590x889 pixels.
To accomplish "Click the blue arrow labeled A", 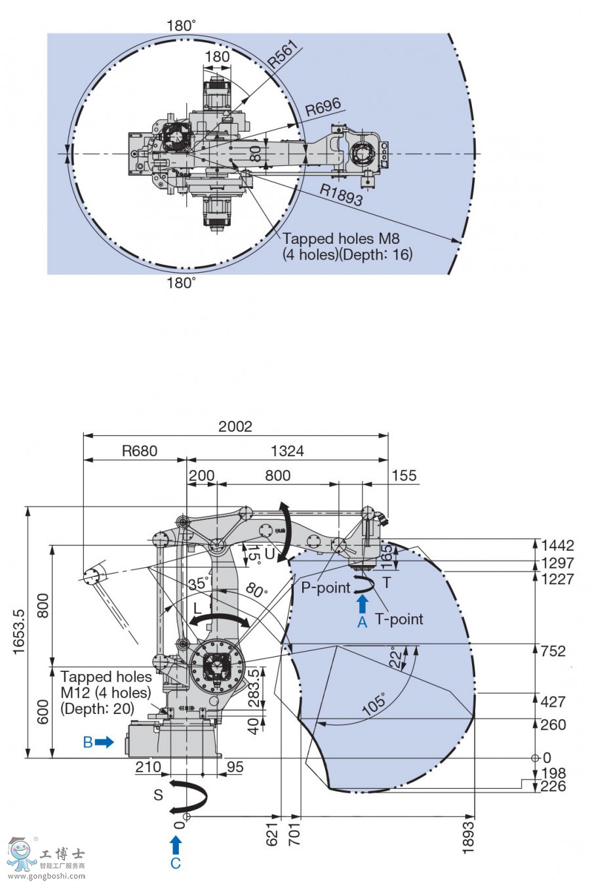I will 363,603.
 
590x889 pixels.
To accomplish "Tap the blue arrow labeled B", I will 104,741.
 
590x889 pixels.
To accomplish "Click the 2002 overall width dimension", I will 235,427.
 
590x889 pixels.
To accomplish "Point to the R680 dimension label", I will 140,451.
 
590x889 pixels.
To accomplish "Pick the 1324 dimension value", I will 287,451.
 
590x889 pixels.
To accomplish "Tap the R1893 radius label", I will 341,195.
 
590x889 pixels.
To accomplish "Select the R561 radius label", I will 283,54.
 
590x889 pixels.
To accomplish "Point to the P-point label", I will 326,587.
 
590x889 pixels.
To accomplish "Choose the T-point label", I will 399,619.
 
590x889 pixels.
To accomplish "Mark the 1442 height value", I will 557,545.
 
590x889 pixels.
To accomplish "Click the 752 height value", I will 553,651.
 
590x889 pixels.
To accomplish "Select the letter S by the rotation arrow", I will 158,795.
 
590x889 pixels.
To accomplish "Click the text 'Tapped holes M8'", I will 341,239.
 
